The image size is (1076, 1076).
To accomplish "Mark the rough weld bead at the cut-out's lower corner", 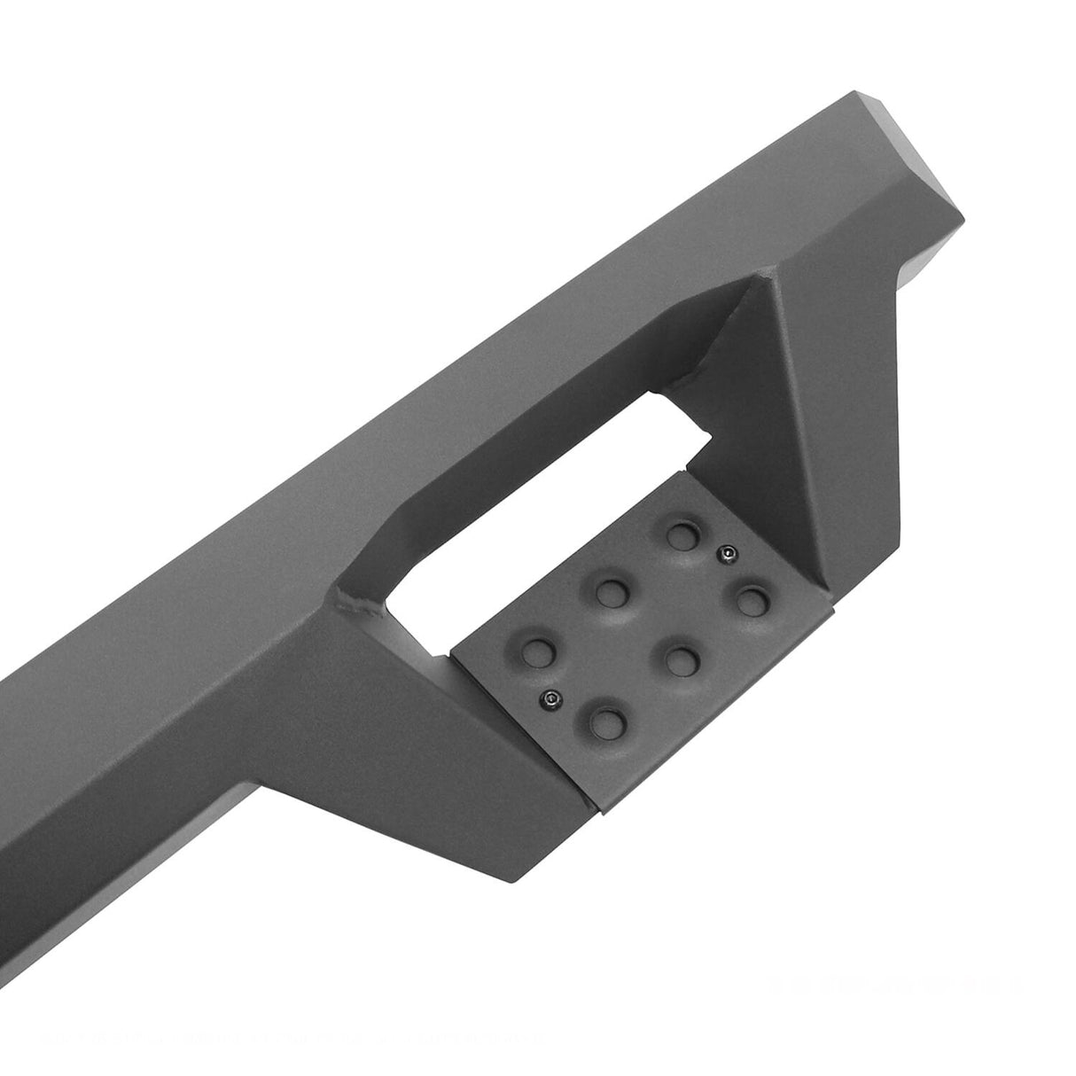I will [x=360, y=605].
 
